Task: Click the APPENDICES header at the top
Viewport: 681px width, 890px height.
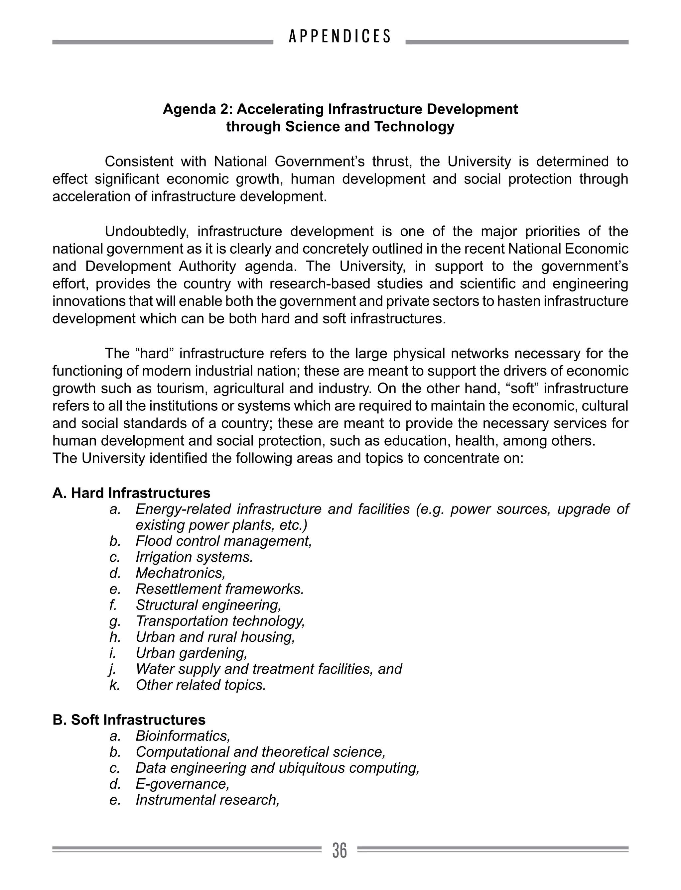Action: (340, 37)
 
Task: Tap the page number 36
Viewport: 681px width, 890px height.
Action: (340, 850)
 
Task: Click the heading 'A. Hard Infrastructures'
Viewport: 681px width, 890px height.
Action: (131, 493)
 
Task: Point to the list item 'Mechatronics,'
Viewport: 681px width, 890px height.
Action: (180, 573)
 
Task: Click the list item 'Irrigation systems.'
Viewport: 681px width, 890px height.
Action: (194, 557)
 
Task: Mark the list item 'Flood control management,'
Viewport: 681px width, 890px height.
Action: (224, 541)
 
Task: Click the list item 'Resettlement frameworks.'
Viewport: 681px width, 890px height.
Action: (220, 589)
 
